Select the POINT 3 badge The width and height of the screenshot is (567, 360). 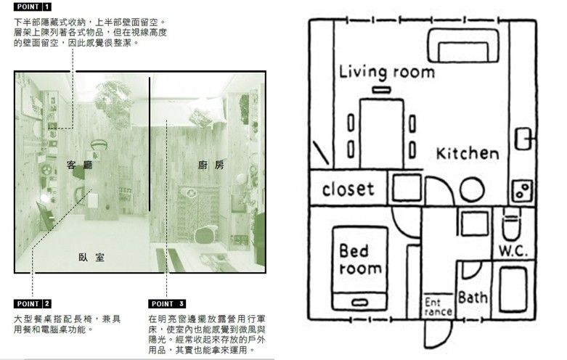click(x=168, y=303)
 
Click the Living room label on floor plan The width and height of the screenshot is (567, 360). click(x=387, y=72)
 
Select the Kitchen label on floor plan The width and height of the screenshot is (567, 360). click(x=468, y=154)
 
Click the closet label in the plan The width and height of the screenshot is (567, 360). click(x=348, y=189)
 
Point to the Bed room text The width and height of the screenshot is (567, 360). click(x=360, y=260)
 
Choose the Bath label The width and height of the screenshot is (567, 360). click(x=473, y=298)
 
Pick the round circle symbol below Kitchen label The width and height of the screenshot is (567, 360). click(x=472, y=190)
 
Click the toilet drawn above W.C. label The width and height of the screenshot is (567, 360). click(x=513, y=226)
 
